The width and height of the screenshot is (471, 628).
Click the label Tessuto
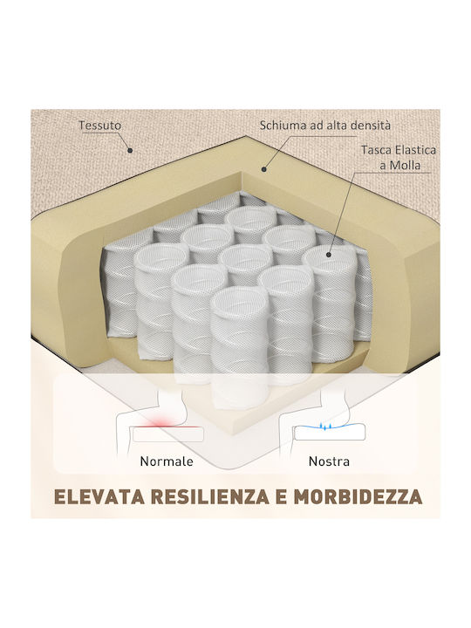(99, 126)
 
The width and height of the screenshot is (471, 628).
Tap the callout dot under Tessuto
(130, 151)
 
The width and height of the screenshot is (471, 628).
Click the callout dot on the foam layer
(264, 169)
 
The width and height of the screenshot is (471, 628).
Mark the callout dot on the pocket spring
(329, 254)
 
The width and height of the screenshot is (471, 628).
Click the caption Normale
(167, 461)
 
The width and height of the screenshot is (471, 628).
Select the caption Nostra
(329, 461)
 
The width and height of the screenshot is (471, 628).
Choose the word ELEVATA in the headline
(99, 496)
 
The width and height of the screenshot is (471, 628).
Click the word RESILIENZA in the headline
(211, 496)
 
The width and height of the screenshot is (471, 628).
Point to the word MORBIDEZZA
(358, 496)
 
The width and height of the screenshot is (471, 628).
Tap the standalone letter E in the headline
(282, 496)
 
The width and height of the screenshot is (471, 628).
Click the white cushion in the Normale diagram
(167, 434)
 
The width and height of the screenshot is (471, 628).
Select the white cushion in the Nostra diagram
(329, 433)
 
